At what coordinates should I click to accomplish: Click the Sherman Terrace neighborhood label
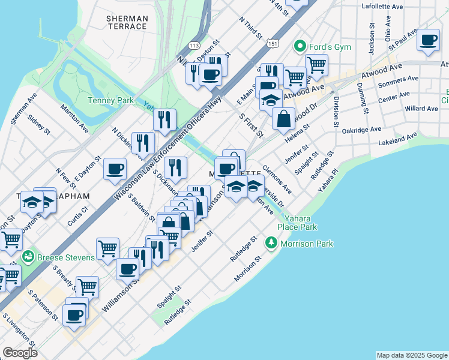point(126,23)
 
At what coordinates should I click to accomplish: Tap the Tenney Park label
point(110,101)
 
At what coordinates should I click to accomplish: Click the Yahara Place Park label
point(297,223)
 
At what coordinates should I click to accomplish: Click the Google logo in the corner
point(19,353)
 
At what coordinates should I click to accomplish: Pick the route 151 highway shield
point(274,44)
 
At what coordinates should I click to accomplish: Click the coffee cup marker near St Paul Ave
point(428,40)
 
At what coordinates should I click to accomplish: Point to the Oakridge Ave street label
point(361,130)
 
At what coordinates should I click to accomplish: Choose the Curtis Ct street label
point(77,216)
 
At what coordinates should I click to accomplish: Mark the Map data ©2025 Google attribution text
point(412,355)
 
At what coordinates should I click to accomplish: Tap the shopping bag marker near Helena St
point(284,118)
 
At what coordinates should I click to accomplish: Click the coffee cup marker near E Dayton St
point(115,169)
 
